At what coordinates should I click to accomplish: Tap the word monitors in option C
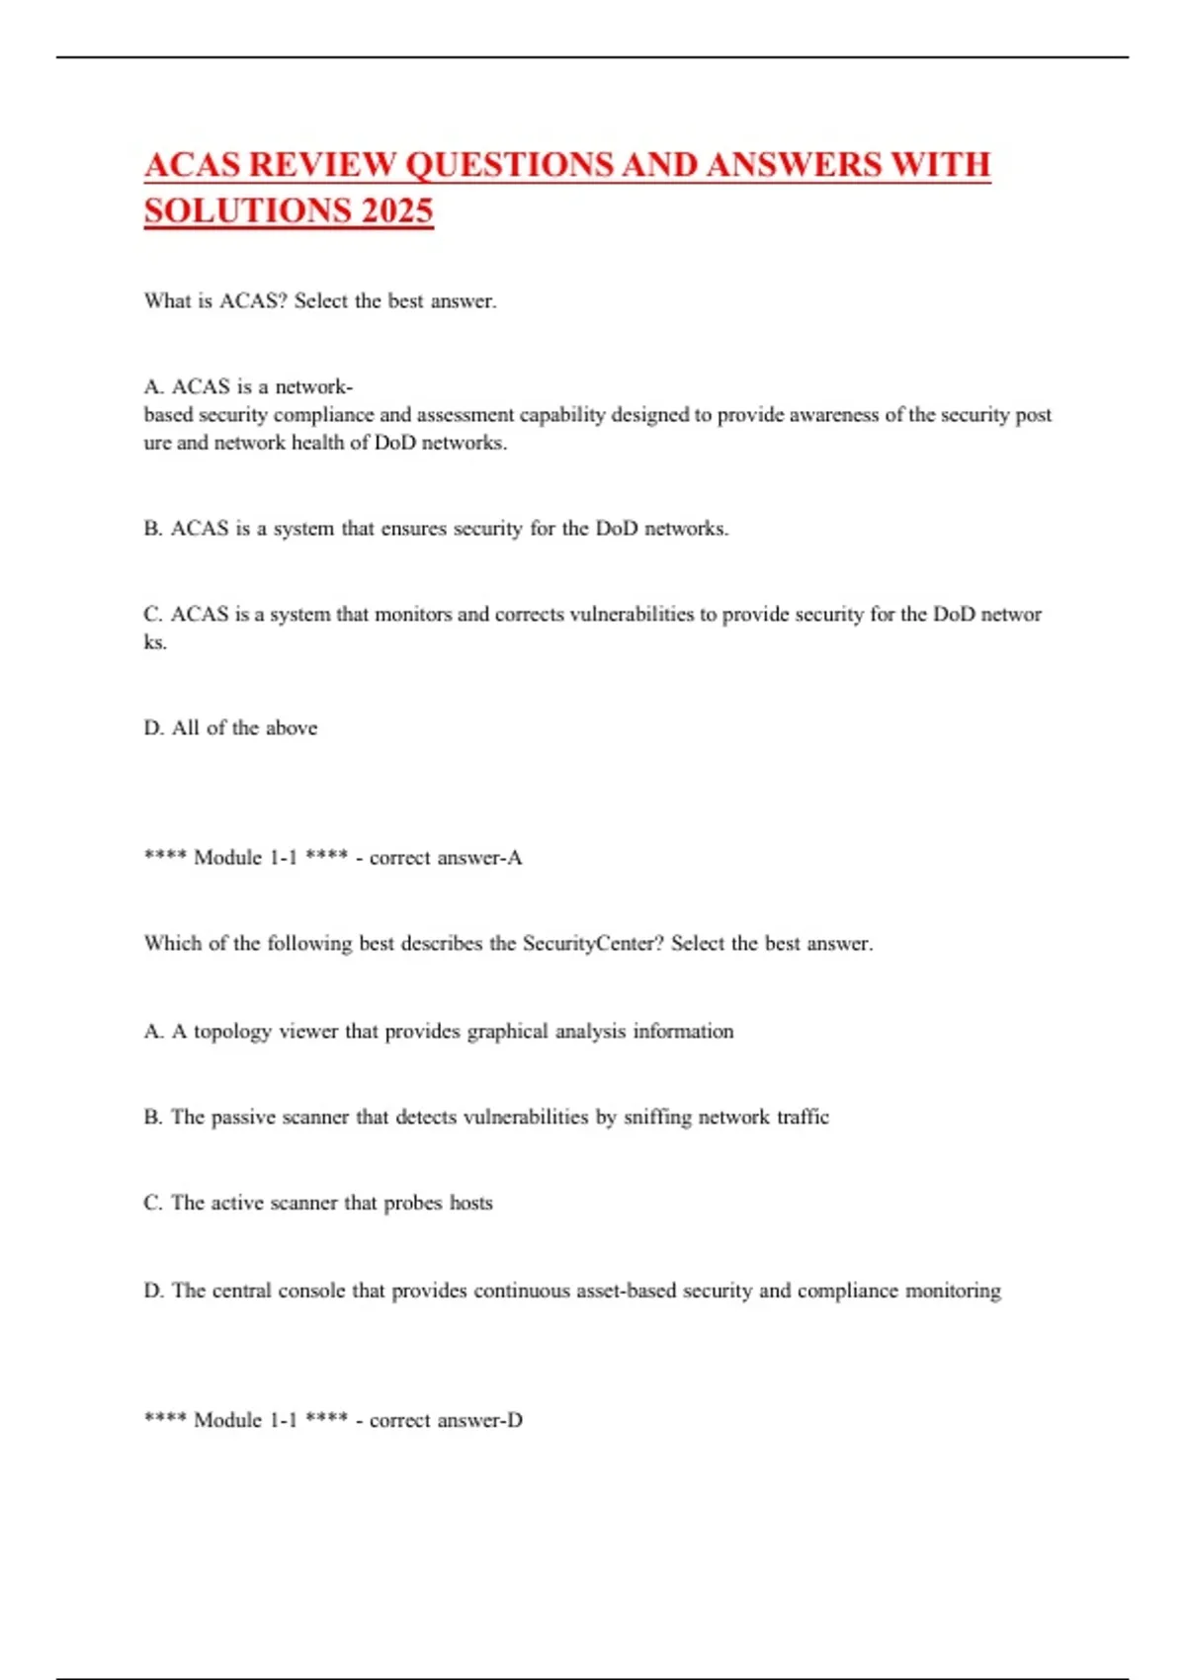pos(412,615)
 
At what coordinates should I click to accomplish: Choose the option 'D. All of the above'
pos(230,728)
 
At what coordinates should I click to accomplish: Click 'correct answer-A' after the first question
pos(446,858)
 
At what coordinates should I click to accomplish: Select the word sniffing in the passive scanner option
pos(656,1118)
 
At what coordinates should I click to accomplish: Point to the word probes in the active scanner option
pos(413,1204)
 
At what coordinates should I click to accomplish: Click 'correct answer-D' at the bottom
pos(446,1420)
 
